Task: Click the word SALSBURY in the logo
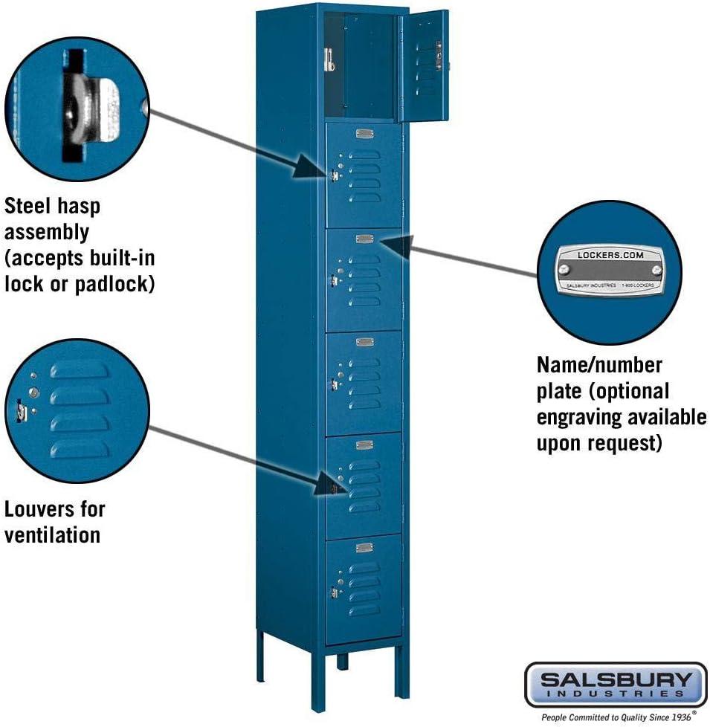point(616,679)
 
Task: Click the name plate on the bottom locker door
point(364,548)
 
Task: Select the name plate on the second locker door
point(364,134)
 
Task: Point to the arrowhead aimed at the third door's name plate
point(394,245)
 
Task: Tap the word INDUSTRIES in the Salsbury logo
point(616,693)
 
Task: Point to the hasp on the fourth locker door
point(335,384)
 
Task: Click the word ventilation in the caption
point(52,535)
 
